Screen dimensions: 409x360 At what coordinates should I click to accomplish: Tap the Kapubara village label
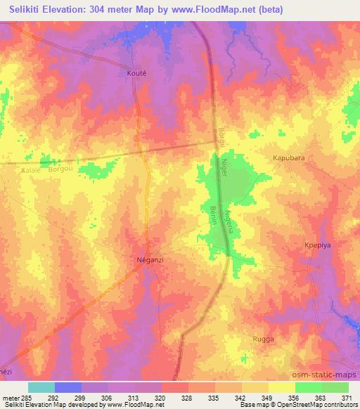(288, 159)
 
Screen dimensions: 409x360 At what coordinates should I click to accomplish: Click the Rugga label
(263, 339)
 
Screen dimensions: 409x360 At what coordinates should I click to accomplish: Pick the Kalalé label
(32, 170)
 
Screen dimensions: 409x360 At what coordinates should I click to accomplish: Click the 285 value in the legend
(27, 397)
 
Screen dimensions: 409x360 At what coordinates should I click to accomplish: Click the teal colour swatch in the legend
(41, 387)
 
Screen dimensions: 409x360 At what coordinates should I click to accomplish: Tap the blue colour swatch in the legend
(68, 387)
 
